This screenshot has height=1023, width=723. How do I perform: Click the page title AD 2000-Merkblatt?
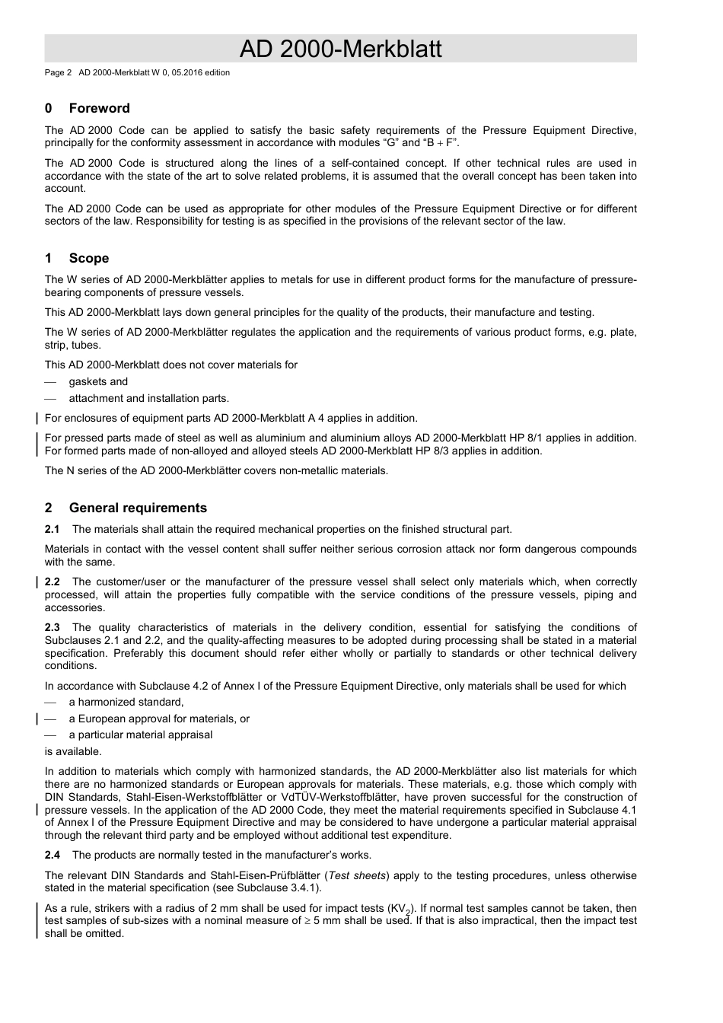[340, 49]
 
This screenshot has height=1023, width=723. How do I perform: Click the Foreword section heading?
[99, 108]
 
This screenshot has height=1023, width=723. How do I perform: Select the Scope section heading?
[88, 258]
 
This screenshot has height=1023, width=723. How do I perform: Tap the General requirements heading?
[137, 508]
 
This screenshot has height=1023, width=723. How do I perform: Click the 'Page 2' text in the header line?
[58, 73]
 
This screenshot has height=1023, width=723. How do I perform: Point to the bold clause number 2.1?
[52, 529]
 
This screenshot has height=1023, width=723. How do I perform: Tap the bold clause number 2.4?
[52, 855]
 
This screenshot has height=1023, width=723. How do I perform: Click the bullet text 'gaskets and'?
[98, 381]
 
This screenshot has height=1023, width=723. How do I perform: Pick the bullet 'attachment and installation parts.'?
[148, 398]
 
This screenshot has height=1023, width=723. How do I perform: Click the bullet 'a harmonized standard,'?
[126, 702]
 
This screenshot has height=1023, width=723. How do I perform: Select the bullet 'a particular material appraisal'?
[140, 735]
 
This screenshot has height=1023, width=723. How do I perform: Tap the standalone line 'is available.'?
[72, 751]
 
